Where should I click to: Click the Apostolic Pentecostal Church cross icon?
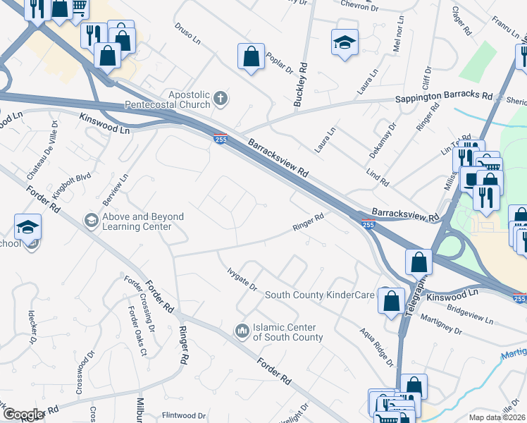click(x=221, y=98)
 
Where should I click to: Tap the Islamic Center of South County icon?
click(x=242, y=330)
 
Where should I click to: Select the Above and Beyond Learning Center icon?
click(x=90, y=221)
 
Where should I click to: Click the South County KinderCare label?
click(x=318, y=295)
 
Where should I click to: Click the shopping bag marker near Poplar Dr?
click(x=251, y=56)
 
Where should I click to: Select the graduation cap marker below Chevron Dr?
click(x=345, y=42)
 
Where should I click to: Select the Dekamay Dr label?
click(x=383, y=140)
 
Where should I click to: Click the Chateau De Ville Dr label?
click(x=42, y=148)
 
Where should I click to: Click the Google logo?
click(x=23, y=415)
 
